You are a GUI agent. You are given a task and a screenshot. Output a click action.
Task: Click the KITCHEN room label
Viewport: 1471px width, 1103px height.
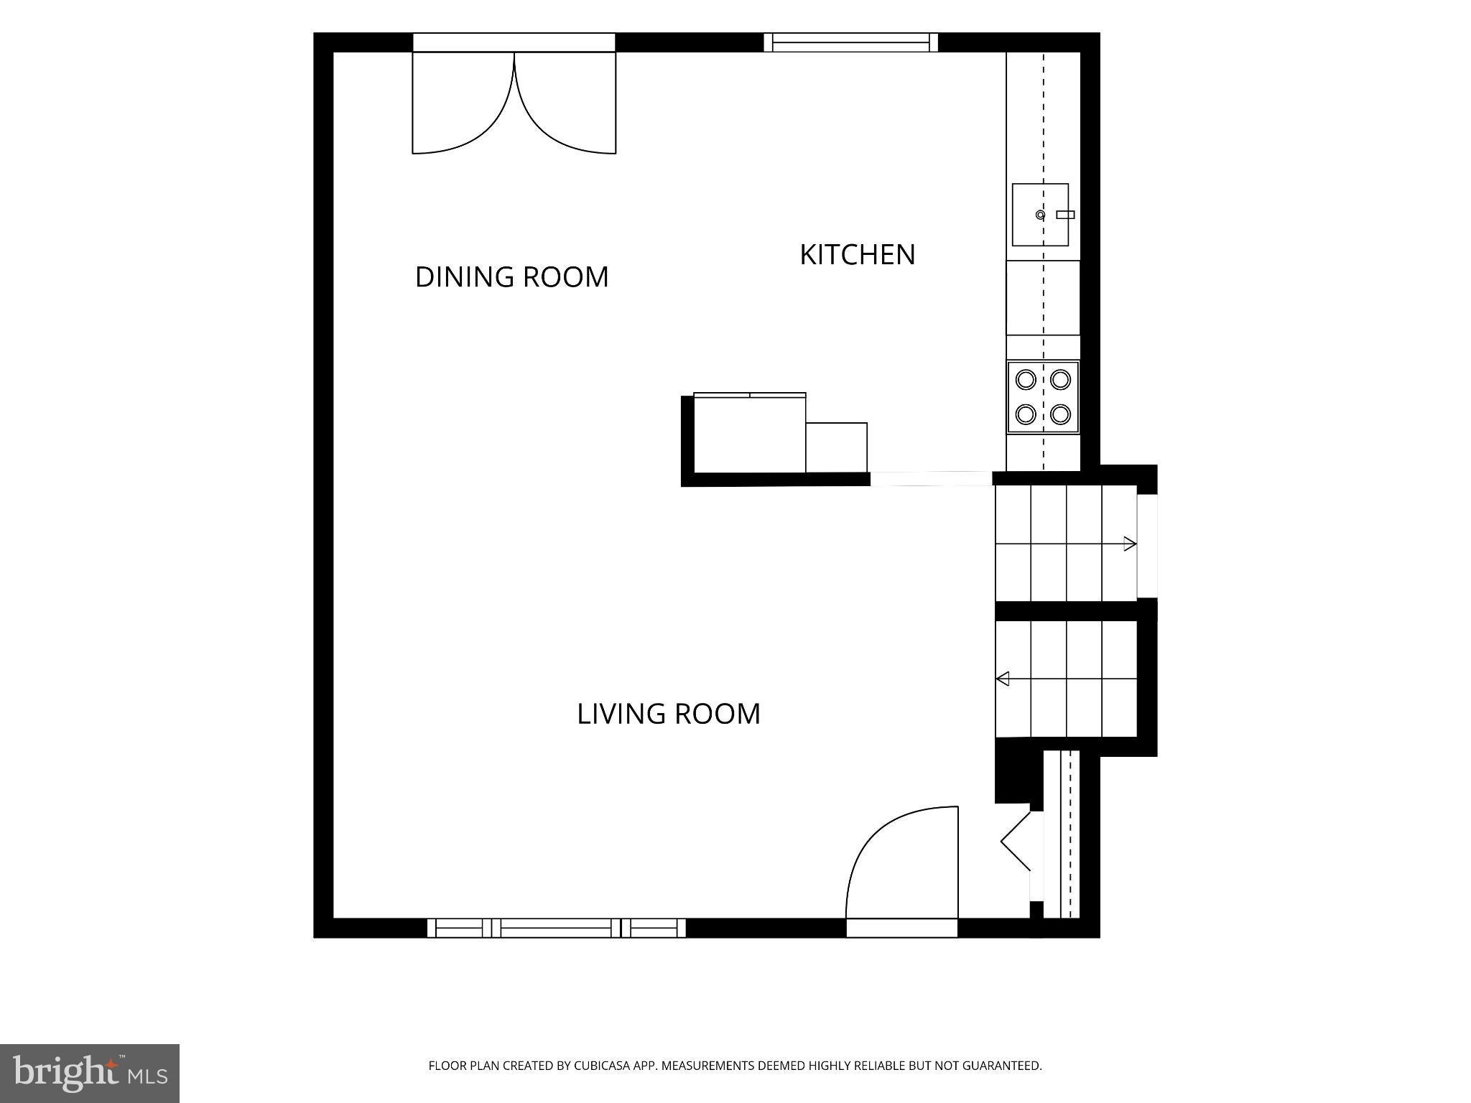(x=858, y=255)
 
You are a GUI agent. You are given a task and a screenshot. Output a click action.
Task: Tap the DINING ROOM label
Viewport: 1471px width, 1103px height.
(x=512, y=277)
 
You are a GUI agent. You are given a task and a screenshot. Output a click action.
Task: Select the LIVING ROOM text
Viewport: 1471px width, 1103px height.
(x=669, y=714)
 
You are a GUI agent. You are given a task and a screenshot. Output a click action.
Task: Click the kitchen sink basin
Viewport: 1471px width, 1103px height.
(x=1040, y=215)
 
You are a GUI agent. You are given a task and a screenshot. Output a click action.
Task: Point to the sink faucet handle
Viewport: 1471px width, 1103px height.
(x=1066, y=215)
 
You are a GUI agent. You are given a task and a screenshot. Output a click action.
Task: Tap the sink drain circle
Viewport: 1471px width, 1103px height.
(x=1040, y=215)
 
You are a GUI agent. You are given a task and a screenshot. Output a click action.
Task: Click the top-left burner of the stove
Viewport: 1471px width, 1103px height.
(x=1026, y=378)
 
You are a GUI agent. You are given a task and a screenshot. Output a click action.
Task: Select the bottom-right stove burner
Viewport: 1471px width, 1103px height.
(x=1061, y=414)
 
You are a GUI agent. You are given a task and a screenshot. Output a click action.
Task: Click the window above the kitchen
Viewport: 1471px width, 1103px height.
(x=850, y=42)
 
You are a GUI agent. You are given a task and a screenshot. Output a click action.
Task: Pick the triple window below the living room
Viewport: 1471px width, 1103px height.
(x=557, y=928)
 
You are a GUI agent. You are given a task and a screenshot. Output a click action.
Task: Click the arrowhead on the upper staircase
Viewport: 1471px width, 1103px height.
(x=1130, y=544)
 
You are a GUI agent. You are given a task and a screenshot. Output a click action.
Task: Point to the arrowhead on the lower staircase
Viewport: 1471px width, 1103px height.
(x=1002, y=679)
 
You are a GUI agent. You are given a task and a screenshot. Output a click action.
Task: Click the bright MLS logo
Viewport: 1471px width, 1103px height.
(x=90, y=1074)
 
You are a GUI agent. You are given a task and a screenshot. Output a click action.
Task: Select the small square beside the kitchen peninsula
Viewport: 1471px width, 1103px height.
(x=836, y=447)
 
